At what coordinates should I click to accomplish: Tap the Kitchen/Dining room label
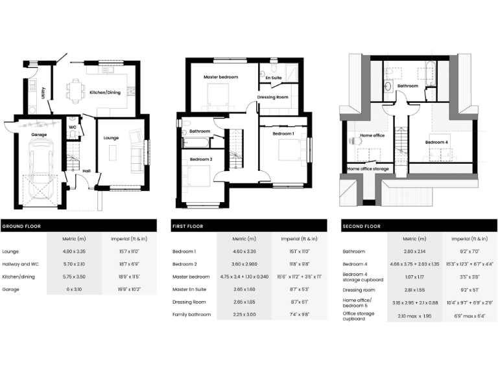[x=104, y=93]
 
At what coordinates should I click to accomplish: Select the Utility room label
[x=43, y=93]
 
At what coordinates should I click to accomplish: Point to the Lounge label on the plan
[x=111, y=137]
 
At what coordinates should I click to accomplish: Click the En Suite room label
[x=274, y=78]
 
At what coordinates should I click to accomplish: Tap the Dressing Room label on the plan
[x=272, y=97]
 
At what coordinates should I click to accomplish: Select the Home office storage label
[x=368, y=169]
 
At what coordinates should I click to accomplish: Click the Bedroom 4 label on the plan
[x=436, y=142]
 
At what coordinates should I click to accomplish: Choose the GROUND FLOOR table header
[x=19, y=226]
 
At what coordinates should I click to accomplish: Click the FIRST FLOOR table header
[x=188, y=226]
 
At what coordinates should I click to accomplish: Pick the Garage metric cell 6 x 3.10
[x=74, y=289]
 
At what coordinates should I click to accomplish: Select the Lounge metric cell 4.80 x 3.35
[x=74, y=251]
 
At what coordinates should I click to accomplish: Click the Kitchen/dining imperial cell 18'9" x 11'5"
[x=129, y=277]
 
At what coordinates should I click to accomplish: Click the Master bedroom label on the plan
[x=221, y=77]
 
